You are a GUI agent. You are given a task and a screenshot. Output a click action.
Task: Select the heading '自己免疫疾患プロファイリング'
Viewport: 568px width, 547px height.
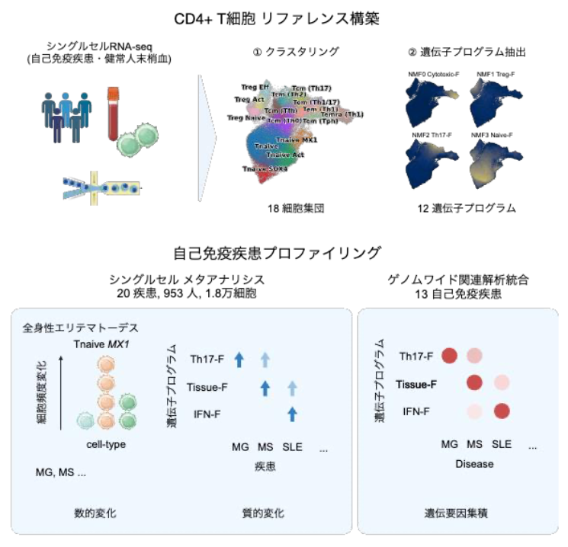pyautogui.click(x=284, y=252)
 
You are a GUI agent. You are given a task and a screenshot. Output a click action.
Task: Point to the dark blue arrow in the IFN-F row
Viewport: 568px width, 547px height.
pyautogui.click(x=291, y=414)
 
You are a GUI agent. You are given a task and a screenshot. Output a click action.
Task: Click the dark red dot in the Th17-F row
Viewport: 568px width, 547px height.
pyautogui.click(x=448, y=356)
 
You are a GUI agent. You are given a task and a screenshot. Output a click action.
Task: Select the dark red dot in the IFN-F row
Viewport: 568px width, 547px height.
pyautogui.click(x=502, y=411)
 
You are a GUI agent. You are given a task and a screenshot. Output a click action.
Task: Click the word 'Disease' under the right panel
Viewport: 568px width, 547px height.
pyautogui.click(x=474, y=463)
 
